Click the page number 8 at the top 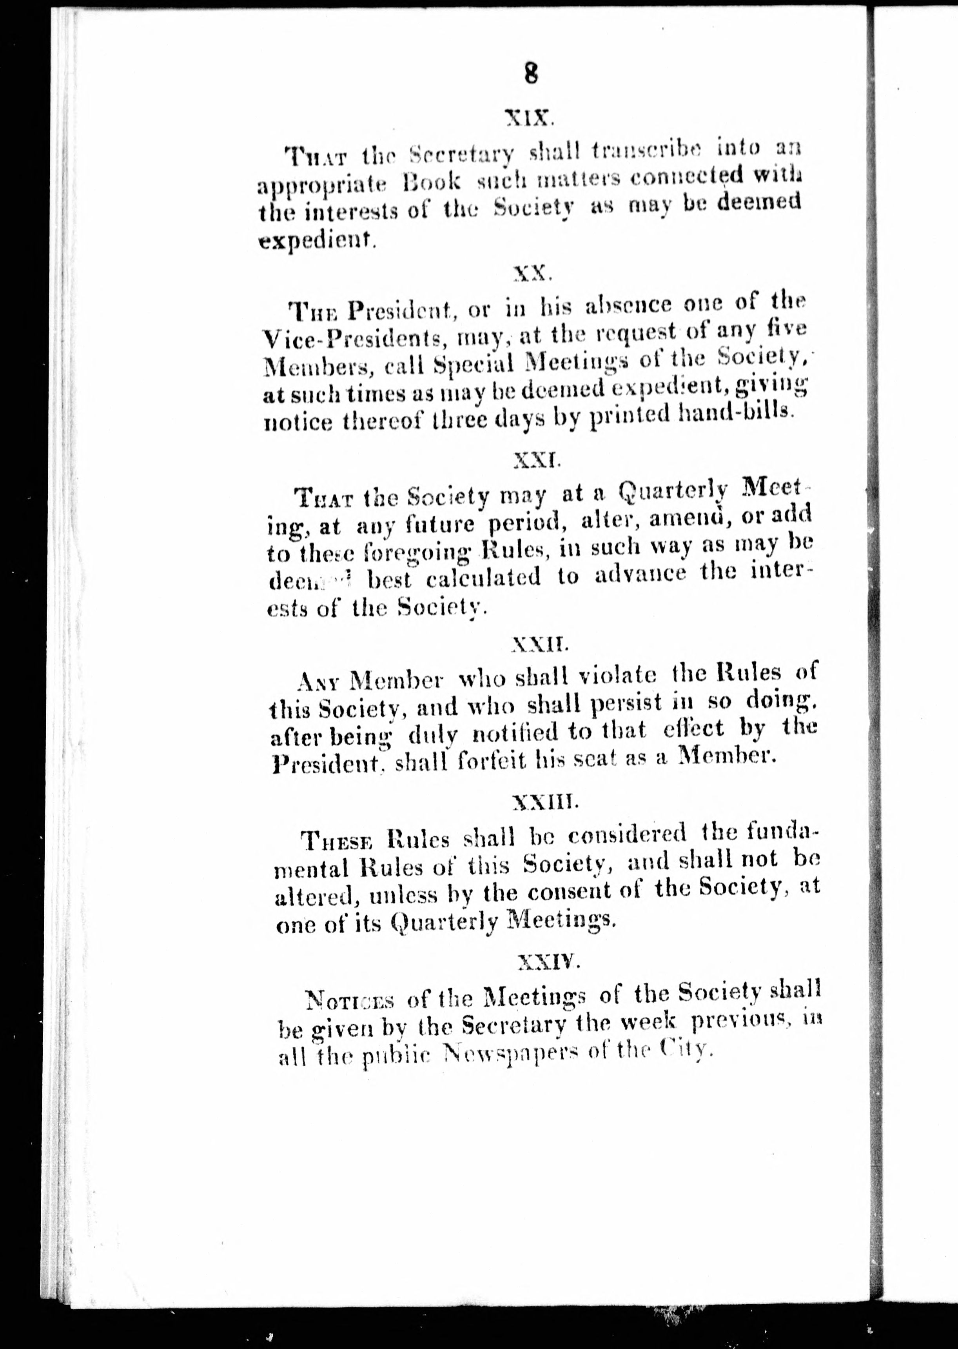[x=530, y=75]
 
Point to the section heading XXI [x=535, y=459]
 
